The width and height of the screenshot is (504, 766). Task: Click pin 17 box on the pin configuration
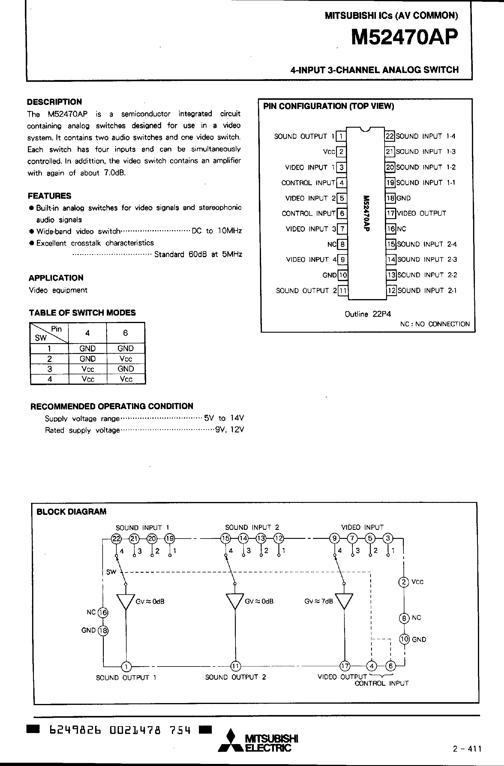[391, 213]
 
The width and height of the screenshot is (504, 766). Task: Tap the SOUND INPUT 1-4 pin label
[425, 136]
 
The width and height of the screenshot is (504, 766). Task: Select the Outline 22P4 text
[368, 314]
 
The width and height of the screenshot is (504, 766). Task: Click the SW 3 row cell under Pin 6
[126, 369]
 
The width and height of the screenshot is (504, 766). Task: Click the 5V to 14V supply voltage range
[224, 418]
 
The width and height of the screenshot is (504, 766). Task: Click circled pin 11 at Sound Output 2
[235, 666]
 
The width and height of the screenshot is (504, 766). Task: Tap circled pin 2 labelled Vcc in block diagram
[403, 582]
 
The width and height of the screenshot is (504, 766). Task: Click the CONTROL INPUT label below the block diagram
[382, 683]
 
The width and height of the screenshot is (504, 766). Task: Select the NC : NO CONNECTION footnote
[435, 324]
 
